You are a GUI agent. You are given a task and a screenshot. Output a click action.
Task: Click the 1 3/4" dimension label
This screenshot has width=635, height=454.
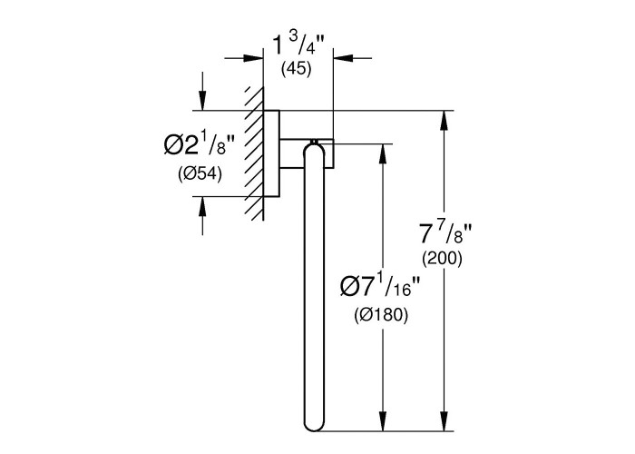click(x=298, y=45)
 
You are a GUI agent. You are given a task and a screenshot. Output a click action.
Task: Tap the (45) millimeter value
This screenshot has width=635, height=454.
click(x=297, y=68)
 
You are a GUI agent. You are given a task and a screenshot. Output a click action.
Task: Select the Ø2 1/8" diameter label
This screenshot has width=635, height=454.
click(x=199, y=144)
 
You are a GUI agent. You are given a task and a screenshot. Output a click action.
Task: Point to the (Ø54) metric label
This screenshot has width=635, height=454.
click(x=200, y=174)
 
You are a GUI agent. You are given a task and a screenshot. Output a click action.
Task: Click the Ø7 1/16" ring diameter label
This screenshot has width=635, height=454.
click(x=376, y=287)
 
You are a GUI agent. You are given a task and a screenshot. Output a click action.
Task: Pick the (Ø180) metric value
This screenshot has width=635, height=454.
click(x=381, y=315)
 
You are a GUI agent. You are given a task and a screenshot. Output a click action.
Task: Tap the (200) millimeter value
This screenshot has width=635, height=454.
click(x=442, y=259)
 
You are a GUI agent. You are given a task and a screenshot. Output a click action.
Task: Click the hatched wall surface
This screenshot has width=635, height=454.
click(x=254, y=153)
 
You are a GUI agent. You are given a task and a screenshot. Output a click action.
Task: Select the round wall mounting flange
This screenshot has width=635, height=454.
click(x=271, y=153)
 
